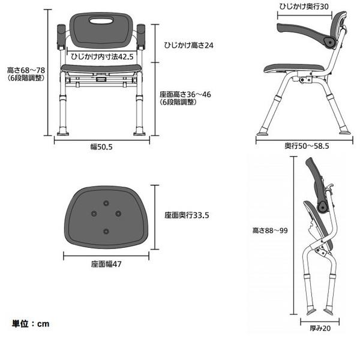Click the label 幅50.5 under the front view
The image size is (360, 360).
pos(101,147)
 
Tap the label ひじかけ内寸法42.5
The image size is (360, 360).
pos(102,56)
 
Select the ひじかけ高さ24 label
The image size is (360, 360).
pos(189,45)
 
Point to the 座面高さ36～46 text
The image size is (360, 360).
pos(185,94)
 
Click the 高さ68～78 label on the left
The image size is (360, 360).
pos(26,70)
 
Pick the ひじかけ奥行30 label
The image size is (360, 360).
pos(304,7)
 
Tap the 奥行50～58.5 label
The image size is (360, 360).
pos(307,146)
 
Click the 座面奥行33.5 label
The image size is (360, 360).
pos(187,215)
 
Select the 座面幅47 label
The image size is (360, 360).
pos(106,264)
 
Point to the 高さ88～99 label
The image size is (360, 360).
pos(270,230)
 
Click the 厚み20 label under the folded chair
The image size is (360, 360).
pos(320,328)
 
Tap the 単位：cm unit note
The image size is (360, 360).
pos(31,324)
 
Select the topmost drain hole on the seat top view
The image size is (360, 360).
pos(106,203)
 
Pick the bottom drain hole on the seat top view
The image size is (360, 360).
pos(106,231)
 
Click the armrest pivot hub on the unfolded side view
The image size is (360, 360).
pos(330,43)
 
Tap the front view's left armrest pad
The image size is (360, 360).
pos(61,36)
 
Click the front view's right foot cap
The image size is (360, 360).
pos(140,133)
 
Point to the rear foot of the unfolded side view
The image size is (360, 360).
pos(345,132)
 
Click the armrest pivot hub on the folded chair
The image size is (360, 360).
pos(323,207)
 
